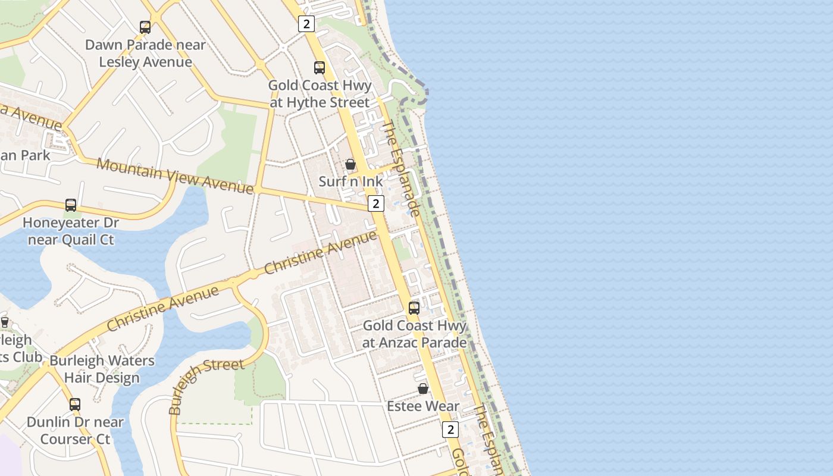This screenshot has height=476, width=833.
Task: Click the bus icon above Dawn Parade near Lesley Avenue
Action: coord(145,27)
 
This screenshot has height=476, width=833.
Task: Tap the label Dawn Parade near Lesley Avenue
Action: coord(146,54)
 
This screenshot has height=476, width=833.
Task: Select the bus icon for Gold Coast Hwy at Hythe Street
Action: coord(320,67)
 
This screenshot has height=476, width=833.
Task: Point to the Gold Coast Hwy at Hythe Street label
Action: coord(320,94)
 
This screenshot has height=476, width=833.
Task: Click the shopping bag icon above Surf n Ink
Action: coord(350,164)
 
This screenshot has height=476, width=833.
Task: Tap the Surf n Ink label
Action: coord(351,181)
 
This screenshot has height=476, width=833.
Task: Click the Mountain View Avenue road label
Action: coord(175,176)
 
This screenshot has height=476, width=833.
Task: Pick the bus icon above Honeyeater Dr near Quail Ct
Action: coord(71,205)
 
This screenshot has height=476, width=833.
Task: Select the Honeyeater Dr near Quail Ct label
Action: coord(71,231)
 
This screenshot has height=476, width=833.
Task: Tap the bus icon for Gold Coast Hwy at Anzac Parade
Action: coord(414,308)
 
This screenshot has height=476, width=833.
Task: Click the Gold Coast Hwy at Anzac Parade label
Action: coord(415,334)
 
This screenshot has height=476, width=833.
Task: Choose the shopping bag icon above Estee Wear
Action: coord(423,389)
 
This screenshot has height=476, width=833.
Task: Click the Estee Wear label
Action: coord(423,406)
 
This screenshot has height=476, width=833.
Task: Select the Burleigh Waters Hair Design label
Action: coord(102,369)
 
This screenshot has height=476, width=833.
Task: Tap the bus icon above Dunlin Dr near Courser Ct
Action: coord(75,405)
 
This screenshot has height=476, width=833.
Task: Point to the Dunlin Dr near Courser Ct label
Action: coord(75,431)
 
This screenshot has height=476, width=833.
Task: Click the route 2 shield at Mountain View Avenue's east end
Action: coord(375,203)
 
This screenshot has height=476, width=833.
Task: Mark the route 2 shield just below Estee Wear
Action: coord(450,430)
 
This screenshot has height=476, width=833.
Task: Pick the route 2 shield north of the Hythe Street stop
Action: coord(306,24)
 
